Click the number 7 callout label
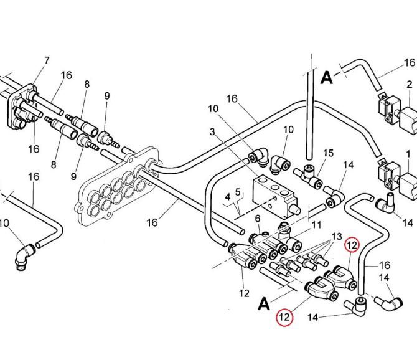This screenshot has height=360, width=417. pos(46,60)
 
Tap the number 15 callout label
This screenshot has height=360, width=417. pos(329,153)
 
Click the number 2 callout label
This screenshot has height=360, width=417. pos(257,218)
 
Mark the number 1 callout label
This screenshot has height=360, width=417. pos(408,153)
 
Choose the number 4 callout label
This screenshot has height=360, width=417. pos(228,196)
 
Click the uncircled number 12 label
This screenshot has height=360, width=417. pos(245,292)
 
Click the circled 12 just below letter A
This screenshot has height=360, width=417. pos(284,317)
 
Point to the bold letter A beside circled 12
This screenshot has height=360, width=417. pos(264,304)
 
